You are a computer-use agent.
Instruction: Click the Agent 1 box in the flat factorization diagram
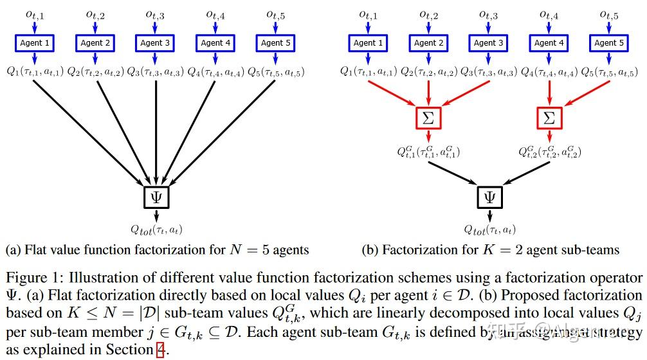[x=35, y=43]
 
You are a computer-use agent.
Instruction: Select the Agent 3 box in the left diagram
[x=155, y=43]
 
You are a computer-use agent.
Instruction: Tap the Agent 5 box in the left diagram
[x=275, y=43]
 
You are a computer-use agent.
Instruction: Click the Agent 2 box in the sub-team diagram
[x=428, y=43]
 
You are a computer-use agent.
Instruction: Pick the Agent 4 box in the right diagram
[x=549, y=43]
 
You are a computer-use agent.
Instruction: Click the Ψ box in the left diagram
[x=155, y=197]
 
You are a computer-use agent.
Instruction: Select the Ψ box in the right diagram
[x=489, y=197]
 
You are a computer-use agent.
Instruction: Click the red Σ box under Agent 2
[x=428, y=118]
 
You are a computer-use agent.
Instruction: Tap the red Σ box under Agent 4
[x=549, y=118]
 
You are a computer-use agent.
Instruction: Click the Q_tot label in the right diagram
[x=489, y=229]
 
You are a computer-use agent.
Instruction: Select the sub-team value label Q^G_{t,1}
[x=428, y=152]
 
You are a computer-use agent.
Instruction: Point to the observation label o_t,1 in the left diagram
[x=35, y=14]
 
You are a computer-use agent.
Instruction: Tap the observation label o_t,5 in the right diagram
[x=608, y=14]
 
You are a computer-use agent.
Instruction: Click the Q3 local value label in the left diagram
[x=155, y=71]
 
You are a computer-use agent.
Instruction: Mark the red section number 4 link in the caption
[x=160, y=350]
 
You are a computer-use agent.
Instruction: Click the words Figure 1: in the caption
[x=30, y=278]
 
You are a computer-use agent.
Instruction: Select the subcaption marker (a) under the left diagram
[x=12, y=249]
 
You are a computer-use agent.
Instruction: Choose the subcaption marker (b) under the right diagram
[x=370, y=249]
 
